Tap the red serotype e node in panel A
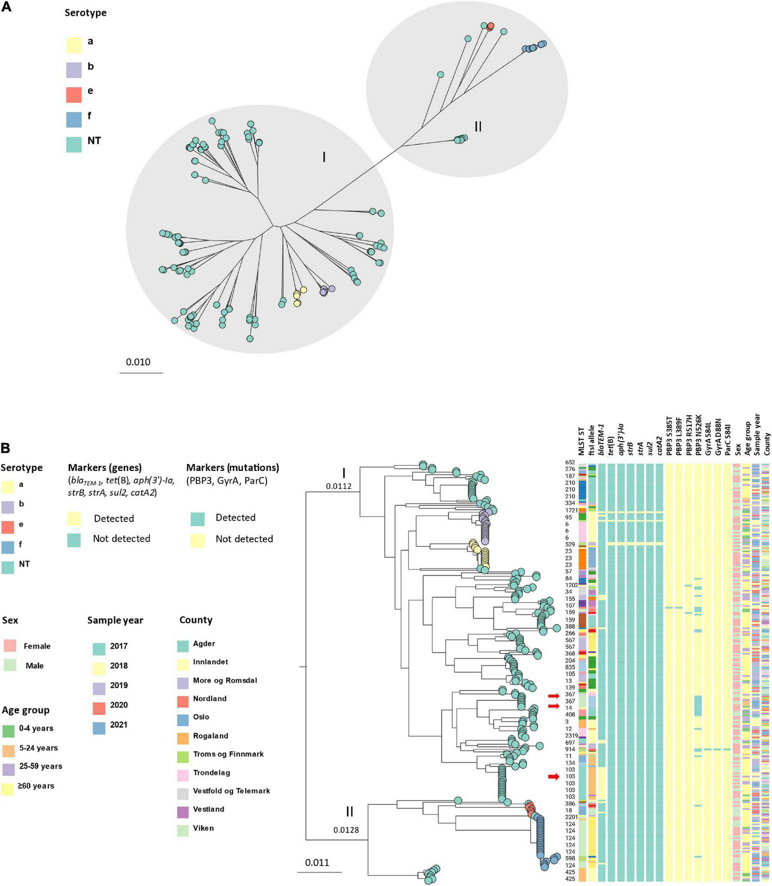(x=490, y=26)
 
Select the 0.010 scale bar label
(x=138, y=362)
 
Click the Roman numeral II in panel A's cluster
(x=478, y=126)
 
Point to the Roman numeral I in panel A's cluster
(x=324, y=157)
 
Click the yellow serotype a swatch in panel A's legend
(x=74, y=44)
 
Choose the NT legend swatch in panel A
(x=74, y=144)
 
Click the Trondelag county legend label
(x=211, y=772)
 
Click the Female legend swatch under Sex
(x=10, y=645)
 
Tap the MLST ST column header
(x=581, y=441)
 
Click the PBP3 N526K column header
(x=699, y=435)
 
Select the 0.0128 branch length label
(x=346, y=830)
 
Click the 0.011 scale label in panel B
(x=317, y=862)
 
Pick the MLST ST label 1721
(x=571, y=510)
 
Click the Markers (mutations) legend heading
(x=232, y=468)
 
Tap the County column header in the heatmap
(x=767, y=443)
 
